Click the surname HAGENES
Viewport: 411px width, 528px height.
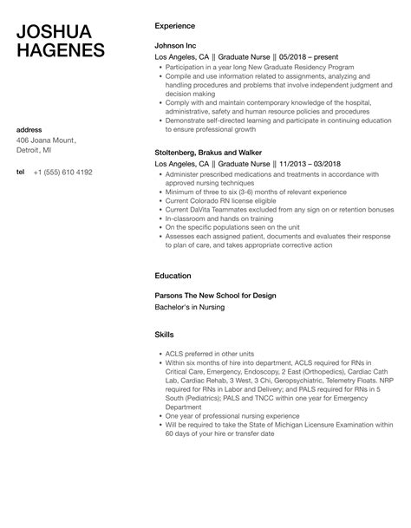(x=61, y=50)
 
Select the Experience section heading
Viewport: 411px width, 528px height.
(x=174, y=26)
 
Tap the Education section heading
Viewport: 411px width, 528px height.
(x=173, y=276)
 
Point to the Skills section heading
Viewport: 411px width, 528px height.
(x=164, y=335)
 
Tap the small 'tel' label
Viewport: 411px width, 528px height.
(x=20, y=173)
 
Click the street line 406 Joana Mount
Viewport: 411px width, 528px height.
(x=47, y=141)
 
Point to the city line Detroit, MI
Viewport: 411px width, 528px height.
(x=36, y=153)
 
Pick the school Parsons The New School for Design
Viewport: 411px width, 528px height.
(x=215, y=296)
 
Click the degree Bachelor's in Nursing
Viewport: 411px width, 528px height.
(x=192, y=308)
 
